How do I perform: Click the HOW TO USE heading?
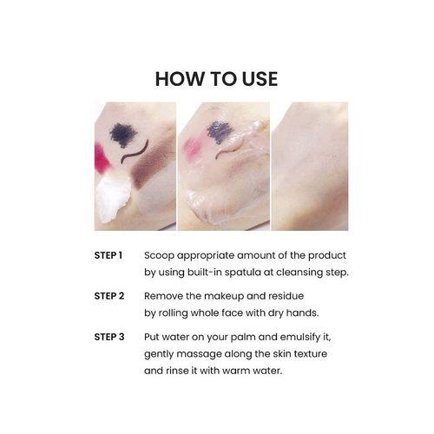tap(216, 79)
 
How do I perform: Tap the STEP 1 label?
tap(108, 255)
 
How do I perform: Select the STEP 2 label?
tap(109, 296)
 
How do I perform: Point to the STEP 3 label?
tap(109, 337)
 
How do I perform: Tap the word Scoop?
tap(159, 256)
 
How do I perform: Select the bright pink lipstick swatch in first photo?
tap(102, 159)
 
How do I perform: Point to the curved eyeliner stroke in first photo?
tap(135, 152)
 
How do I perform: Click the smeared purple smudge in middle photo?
tap(220, 132)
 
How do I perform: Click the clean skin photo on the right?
tap(310, 166)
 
